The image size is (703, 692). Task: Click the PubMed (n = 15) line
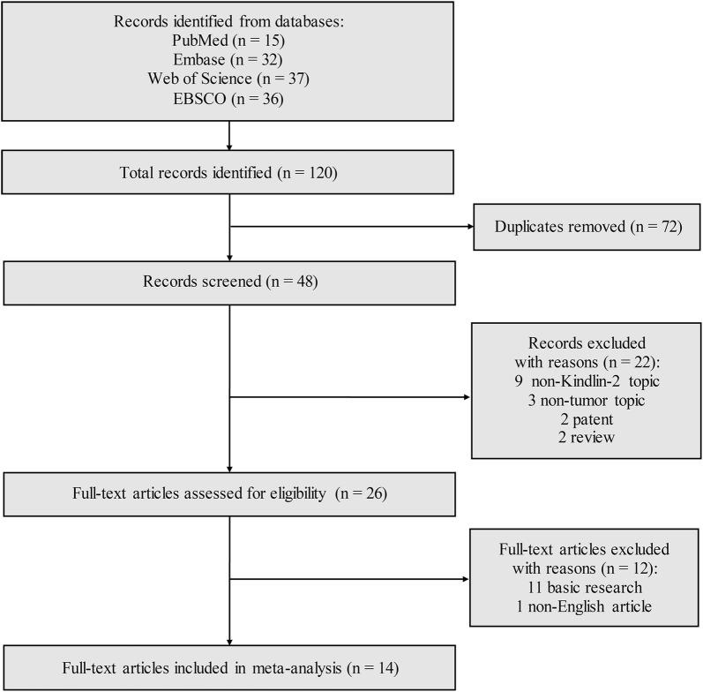click(229, 41)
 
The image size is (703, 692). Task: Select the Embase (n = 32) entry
click(229, 61)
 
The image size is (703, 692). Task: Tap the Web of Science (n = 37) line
click(229, 80)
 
